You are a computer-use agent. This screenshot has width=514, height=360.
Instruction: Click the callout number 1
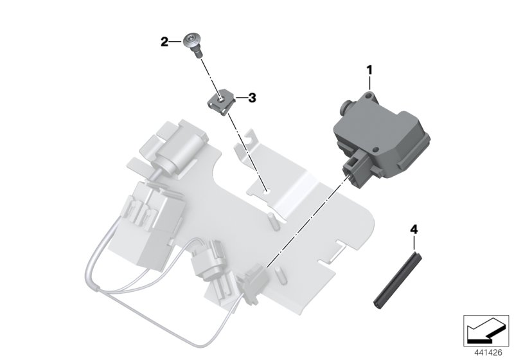click(369, 67)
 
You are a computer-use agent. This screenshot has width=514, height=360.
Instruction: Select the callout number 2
click(164, 42)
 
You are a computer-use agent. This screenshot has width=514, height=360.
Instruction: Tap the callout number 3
click(252, 98)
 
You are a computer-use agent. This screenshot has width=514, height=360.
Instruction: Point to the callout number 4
click(414, 229)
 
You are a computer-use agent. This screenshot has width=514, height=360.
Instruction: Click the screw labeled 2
click(193, 43)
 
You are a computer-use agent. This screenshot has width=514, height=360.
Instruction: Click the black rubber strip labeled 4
click(393, 277)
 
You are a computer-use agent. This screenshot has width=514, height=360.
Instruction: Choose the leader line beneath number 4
click(414, 242)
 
